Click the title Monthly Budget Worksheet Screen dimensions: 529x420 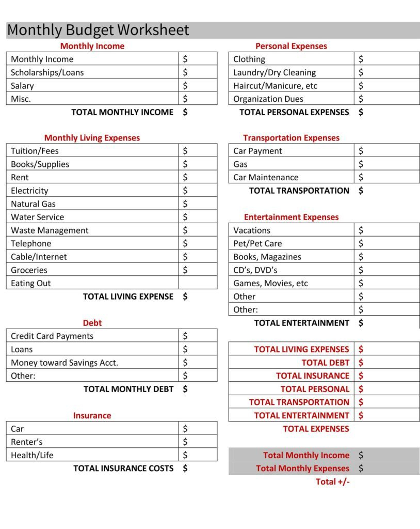[98, 30]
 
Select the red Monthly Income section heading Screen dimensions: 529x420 [92, 46]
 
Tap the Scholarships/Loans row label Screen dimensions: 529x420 [47, 72]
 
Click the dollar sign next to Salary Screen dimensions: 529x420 [185, 86]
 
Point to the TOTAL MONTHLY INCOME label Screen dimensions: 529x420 [122, 112]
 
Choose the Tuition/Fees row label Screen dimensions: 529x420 [35, 151]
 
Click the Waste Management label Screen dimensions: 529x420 [50, 230]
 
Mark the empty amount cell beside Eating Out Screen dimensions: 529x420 [198, 283]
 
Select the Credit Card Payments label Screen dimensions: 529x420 [52, 336]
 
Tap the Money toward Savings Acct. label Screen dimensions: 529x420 [64, 363]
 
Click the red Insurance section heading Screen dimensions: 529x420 [92, 415]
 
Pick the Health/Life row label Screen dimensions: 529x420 [32, 455]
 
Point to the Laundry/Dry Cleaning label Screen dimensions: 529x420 [274, 72]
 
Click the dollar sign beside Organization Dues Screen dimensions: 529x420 [361, 99]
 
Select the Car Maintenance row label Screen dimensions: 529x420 [266, 177]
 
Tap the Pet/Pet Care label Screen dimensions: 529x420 [257, 243]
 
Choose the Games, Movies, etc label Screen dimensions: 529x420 [270, 283]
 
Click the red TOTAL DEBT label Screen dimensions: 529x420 [325, 363]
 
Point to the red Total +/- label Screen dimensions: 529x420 [333, 481]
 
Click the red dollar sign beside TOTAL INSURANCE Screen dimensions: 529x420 [361, 376]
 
